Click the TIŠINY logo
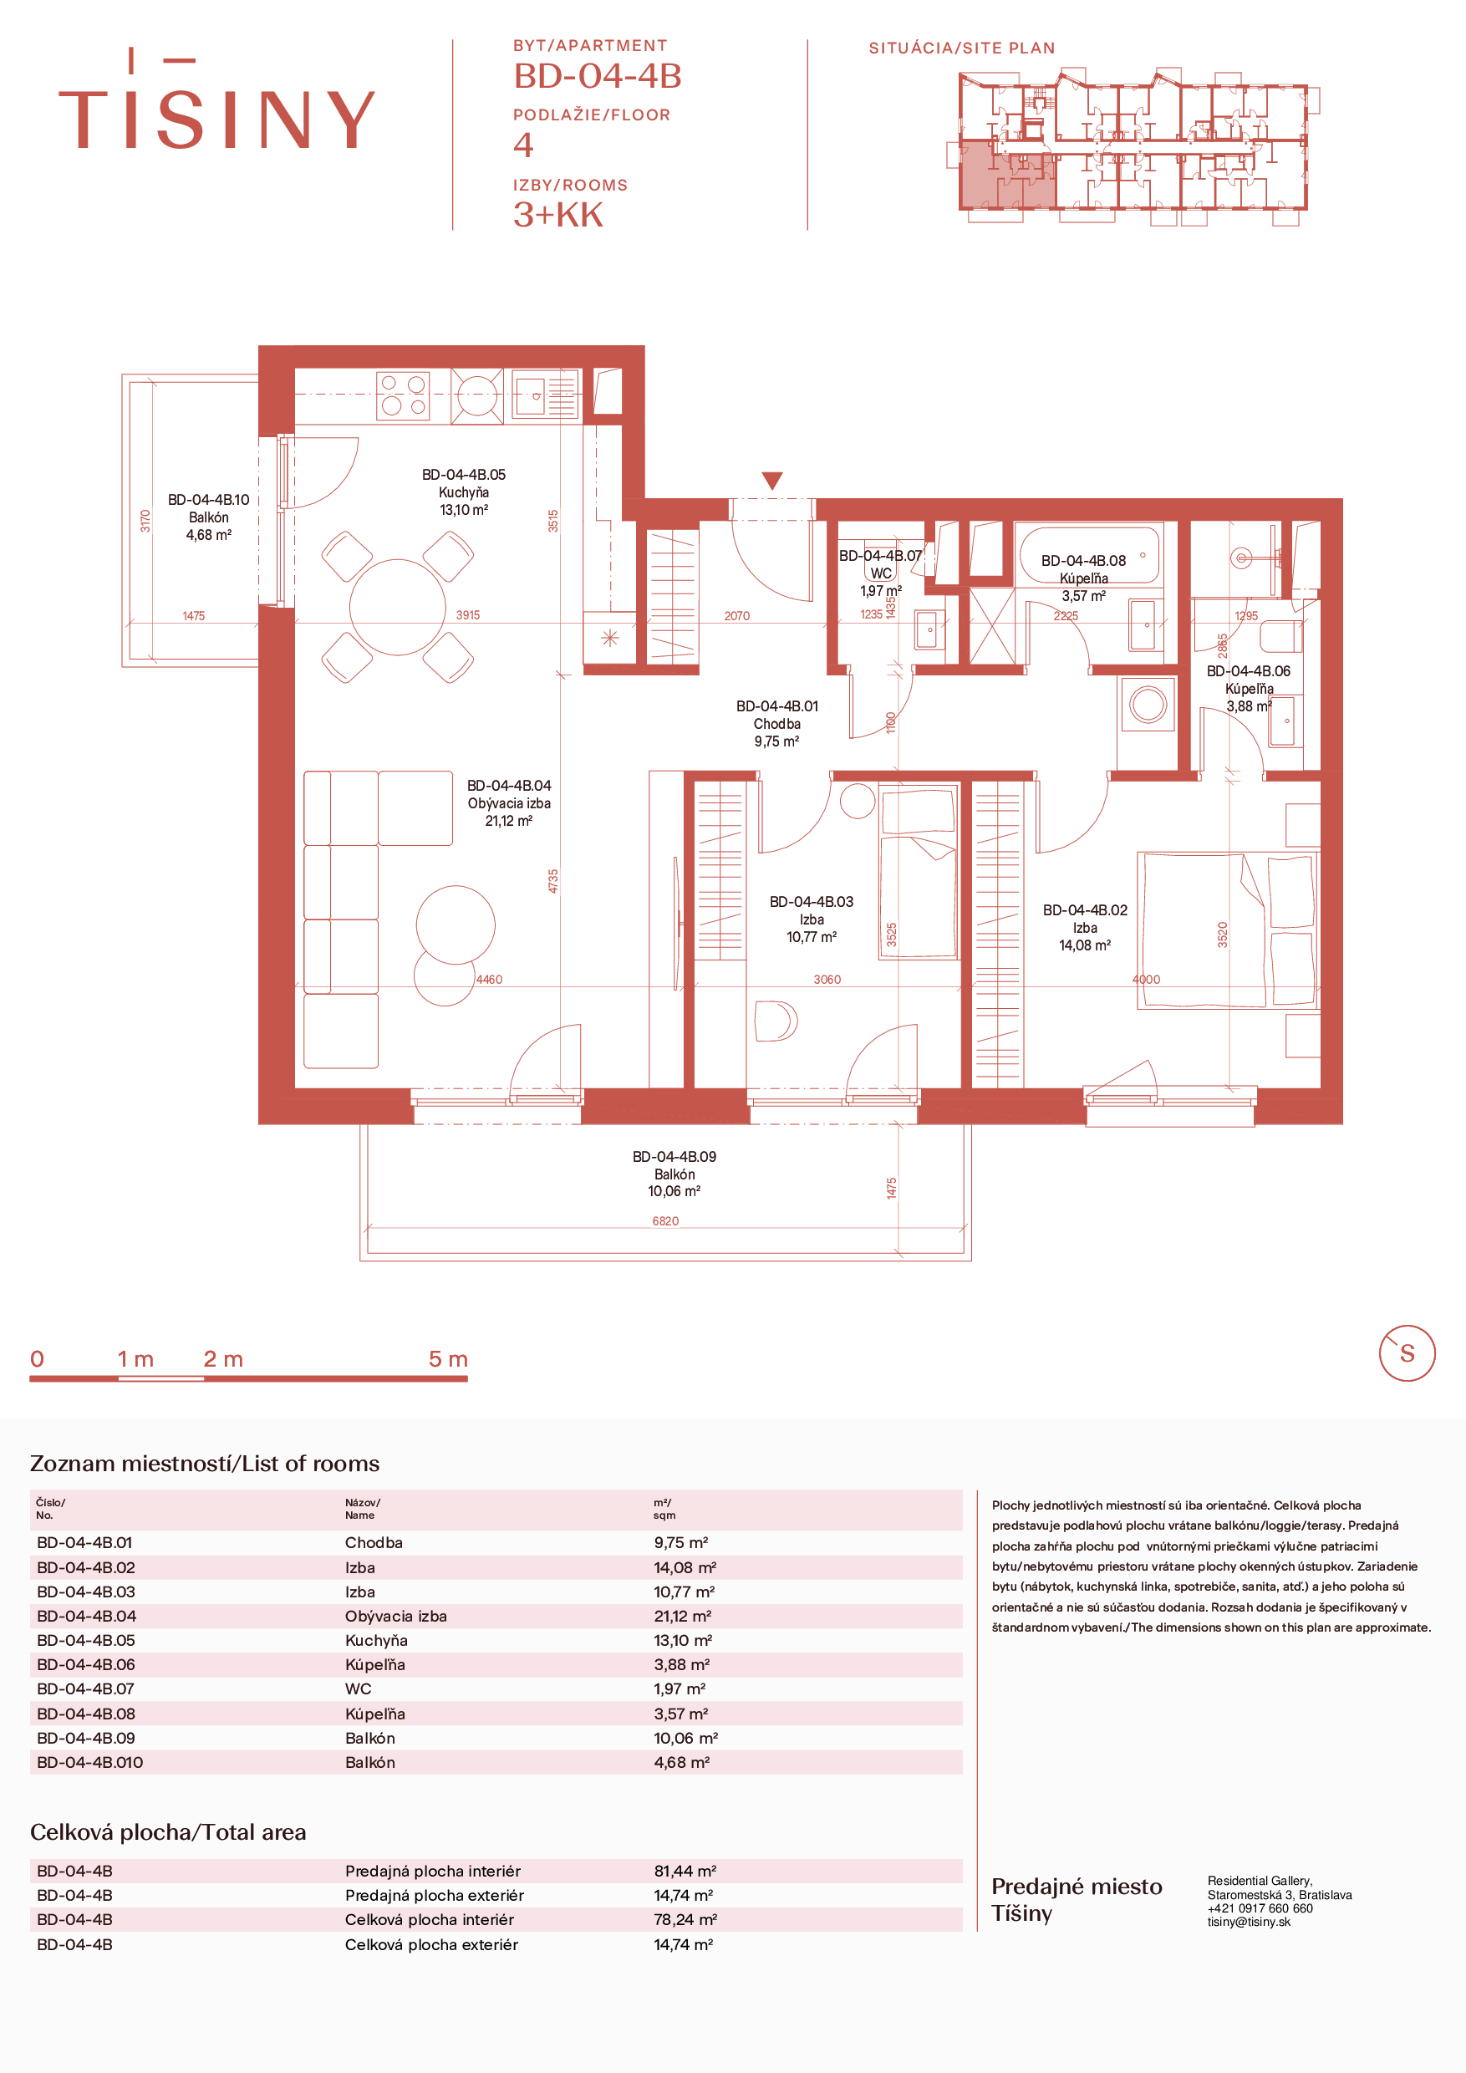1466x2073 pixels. pyautogui.click(x=216, y=101)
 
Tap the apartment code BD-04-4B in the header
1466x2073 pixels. pyautogui.click(x=598, y=77)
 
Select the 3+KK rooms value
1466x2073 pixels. pyautogui.click(x=557, y=215)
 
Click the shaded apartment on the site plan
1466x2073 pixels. pyautogui.click(x=1006, y=176)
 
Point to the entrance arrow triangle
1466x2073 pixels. pyautogui.click(x=771, y=481)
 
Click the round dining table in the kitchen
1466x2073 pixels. pyautogui.click(x=397, y=607)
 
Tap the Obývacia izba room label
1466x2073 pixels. pyautogui.click(x=509, y=803)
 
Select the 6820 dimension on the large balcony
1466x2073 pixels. pyautogui.click(x=665, y=1220)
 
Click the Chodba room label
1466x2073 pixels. pyautogui.click(x=777, y=724)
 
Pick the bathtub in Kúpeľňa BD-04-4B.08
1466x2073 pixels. pyautogui.click(x=1089, y=556)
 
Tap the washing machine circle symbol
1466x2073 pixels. pyautogui.click(x=1148, y=705)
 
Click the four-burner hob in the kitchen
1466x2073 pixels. pyautogui.click(x=403, y=395)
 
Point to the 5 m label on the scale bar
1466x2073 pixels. pyautogui.click(x=448, y=1359)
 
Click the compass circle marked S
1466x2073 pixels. pyautogui.click(x=1407, y=1352)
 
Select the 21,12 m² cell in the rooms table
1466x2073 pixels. pyautogui.click(x=683, y=1615)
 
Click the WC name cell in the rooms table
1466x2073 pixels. pyautogui.click(x=358, y=1688)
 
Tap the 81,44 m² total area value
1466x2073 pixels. pyautogui.click(x=685, y=1871)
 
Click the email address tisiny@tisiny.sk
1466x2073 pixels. pyautogui.click(x=1250, y=1922)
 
